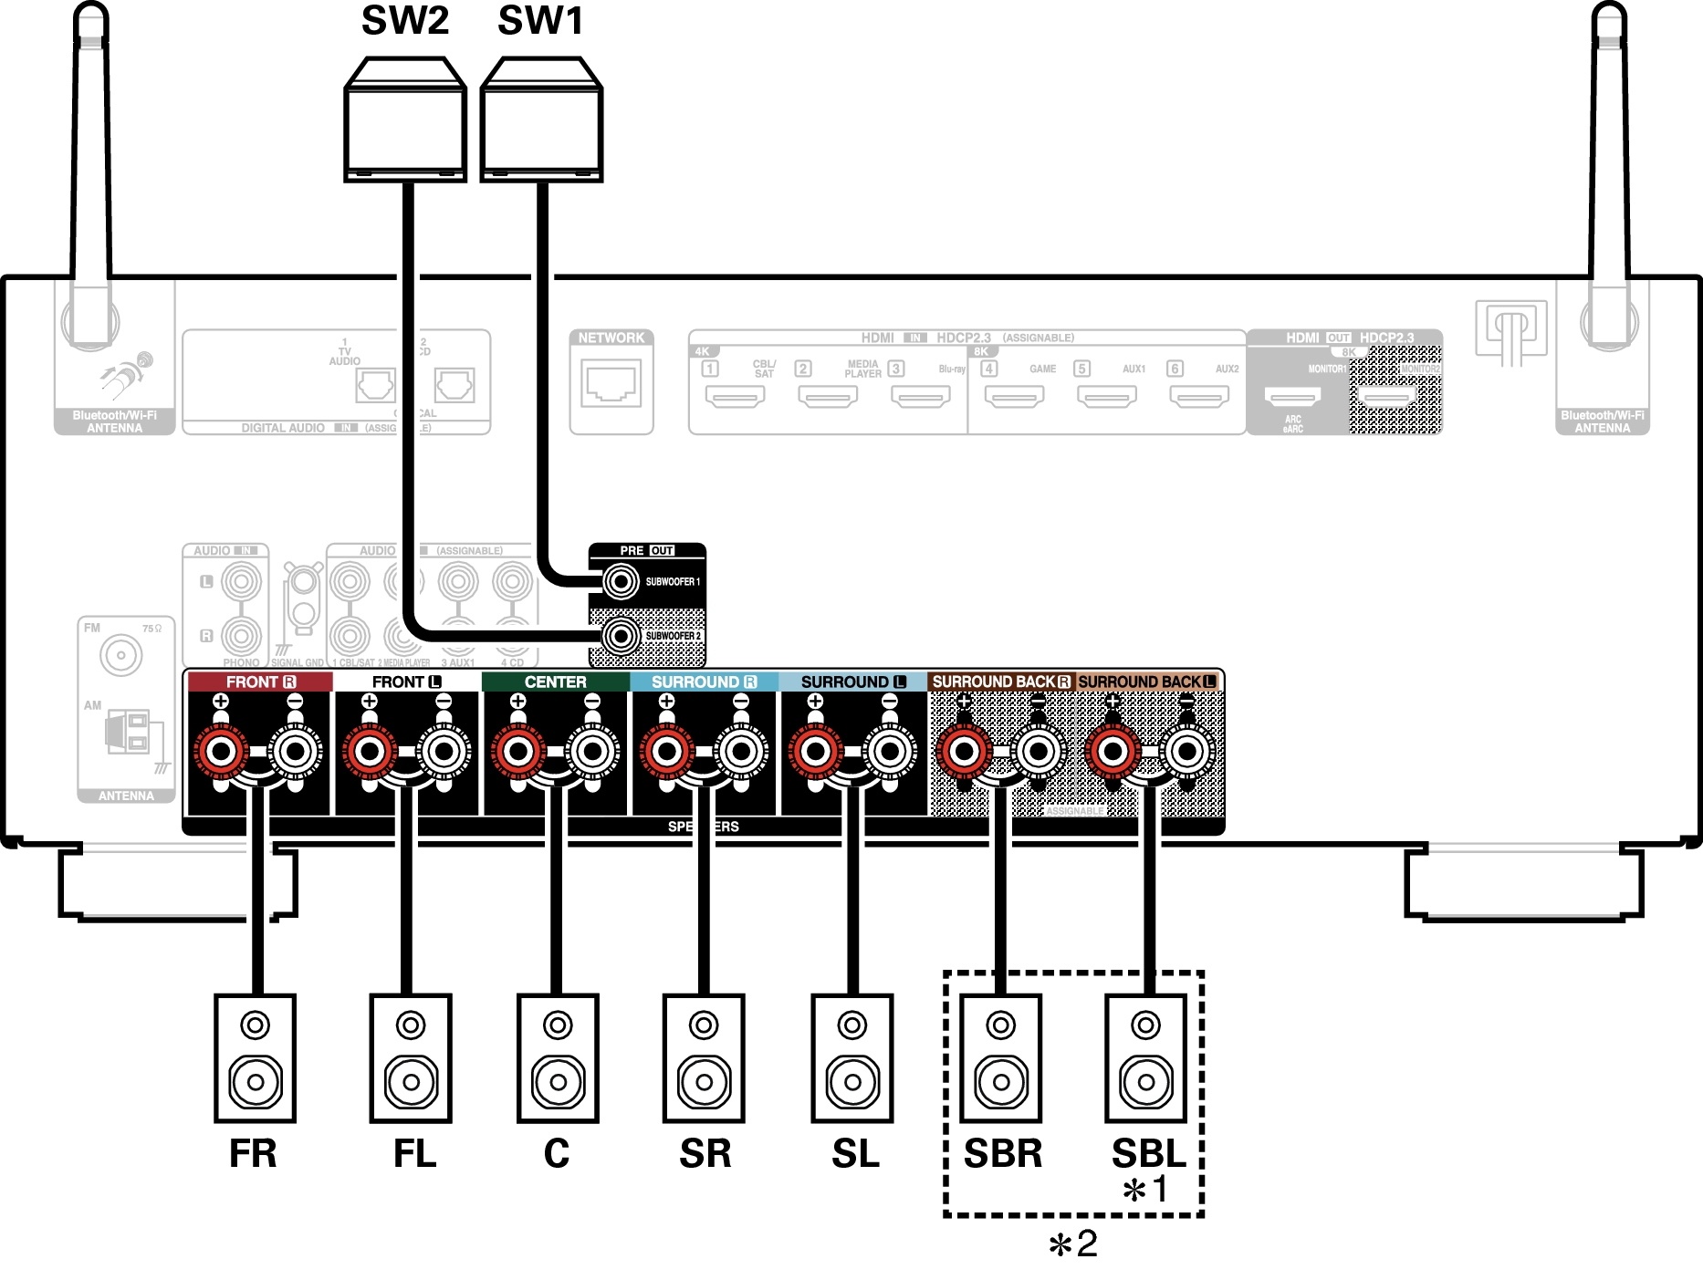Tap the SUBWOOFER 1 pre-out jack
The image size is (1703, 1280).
[622, 581]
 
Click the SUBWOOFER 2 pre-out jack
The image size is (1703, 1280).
[622, 636]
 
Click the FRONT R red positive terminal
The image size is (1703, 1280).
[221, 752]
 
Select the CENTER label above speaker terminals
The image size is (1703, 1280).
[555, 682]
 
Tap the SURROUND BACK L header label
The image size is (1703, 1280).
[1146, 682]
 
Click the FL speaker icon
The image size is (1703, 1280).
[411, 1058]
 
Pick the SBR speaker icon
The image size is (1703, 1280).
[1000, 1058]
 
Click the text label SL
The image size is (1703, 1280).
[855, 1154]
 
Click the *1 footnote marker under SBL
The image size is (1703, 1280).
[1145, 1190]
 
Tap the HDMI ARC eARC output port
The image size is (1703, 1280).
[1292, 397]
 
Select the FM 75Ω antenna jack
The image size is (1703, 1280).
[120, 655]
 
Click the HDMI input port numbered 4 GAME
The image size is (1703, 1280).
[1014, 397]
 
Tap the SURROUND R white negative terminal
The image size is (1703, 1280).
[741, 752]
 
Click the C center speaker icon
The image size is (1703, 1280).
[558, 1058]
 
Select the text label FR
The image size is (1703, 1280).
[253, 1154]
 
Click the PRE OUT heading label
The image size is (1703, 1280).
[646, 550]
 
